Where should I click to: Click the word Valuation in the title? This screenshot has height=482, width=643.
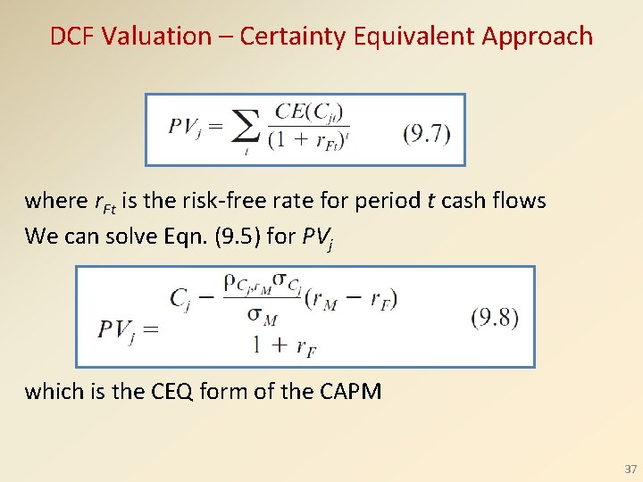[x=155, y=37]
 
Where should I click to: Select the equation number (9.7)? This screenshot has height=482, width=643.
[x=427, y=134]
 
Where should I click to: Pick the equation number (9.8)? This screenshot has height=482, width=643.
[x=495, y=318]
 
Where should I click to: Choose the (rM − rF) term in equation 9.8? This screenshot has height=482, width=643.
[x=351, y=299]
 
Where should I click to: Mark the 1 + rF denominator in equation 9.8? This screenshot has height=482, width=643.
[x=283, y=345]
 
